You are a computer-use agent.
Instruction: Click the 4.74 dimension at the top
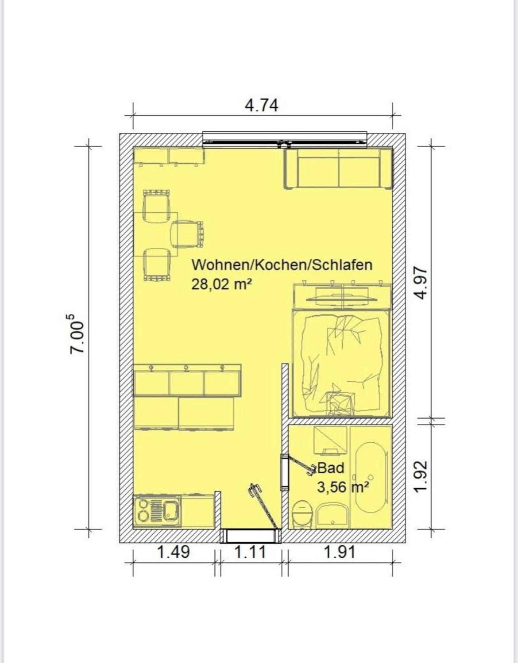262,106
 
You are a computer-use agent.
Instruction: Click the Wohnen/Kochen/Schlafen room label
282,264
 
